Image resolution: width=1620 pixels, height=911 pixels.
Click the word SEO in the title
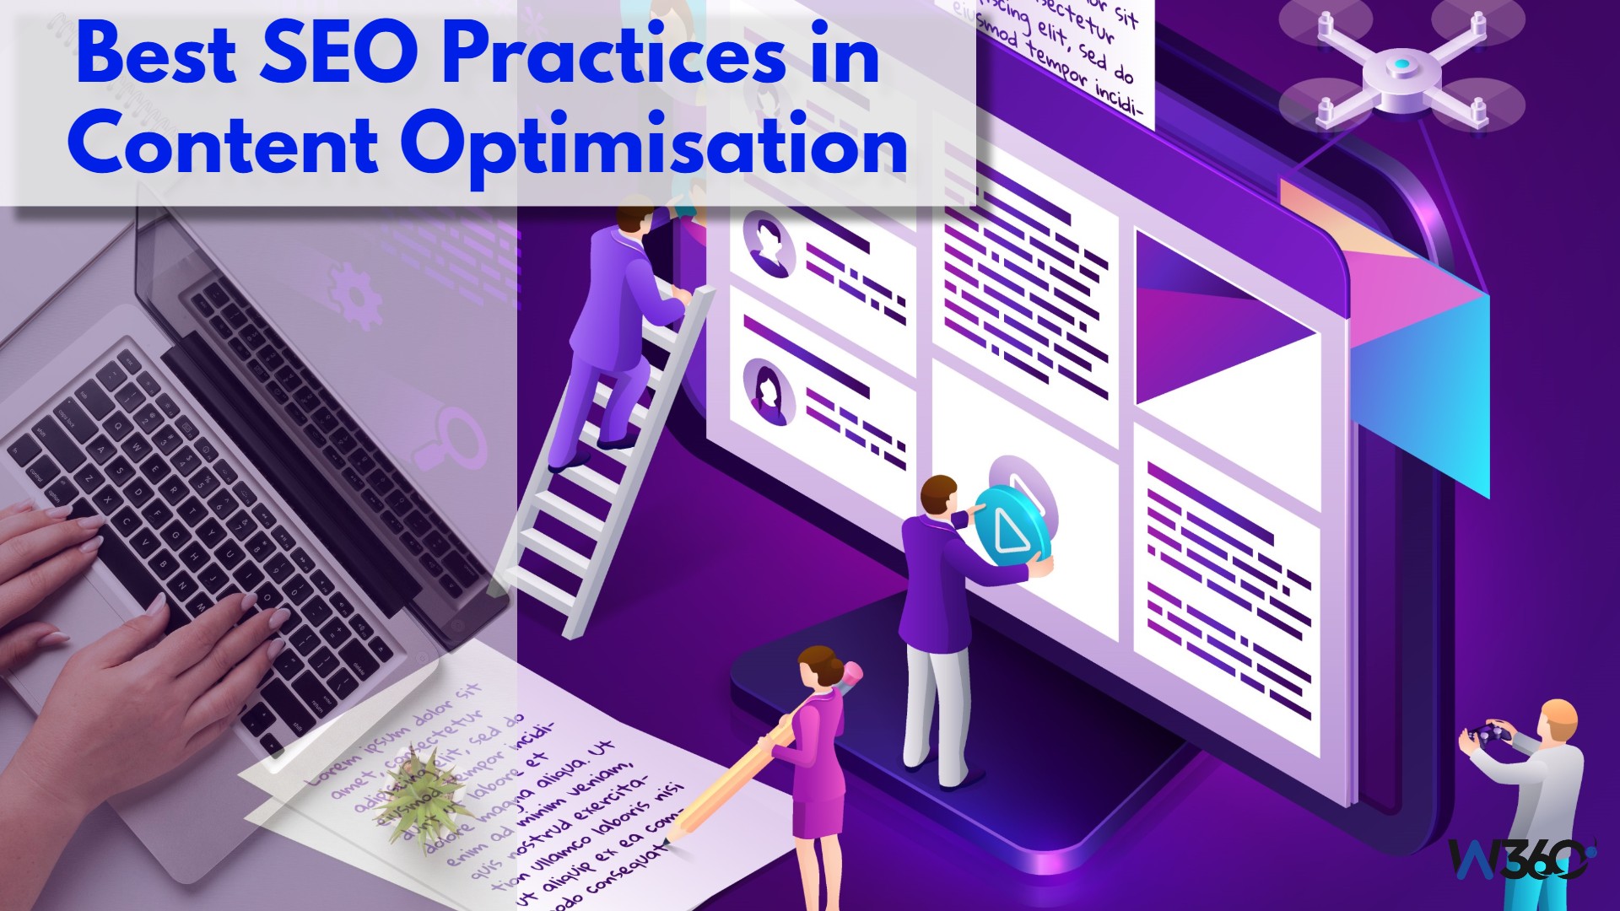338,55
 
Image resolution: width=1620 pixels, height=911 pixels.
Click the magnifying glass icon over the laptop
452,439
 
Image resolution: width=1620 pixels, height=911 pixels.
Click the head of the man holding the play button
938,495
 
